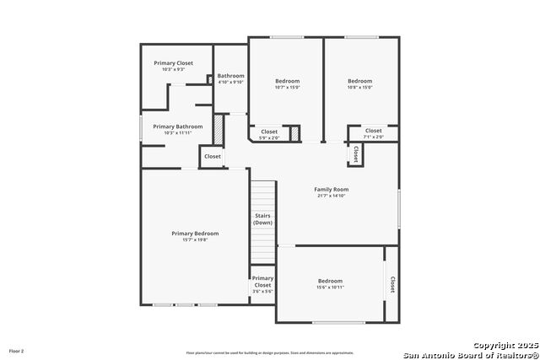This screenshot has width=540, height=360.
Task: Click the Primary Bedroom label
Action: point(195,233)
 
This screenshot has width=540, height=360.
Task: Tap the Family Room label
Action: point(332,190)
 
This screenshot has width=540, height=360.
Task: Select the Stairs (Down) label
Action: point(262,218)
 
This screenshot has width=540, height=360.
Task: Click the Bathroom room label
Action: point(230,76)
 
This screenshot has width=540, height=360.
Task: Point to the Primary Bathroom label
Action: point(177,126)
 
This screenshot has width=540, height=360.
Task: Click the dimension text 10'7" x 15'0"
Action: point(287,88)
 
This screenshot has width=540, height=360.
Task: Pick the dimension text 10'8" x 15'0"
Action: point(360,88)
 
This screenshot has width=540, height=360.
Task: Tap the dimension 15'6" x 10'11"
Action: point(330,287)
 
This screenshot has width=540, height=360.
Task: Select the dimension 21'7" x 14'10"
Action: point(332,196)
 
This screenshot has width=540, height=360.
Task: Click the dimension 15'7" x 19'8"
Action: point(195,239)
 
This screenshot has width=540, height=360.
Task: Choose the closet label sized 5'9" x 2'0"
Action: point(269,137)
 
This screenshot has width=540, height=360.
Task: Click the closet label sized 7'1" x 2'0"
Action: point(373,137)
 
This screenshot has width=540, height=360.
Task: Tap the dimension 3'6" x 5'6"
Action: point(262,292)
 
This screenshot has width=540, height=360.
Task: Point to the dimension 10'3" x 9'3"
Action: point(173,69)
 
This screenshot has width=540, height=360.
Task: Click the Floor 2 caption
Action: point(17,350)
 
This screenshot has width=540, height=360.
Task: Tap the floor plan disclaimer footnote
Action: point(270,352)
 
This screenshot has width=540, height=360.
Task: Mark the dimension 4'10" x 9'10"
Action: point(230,82)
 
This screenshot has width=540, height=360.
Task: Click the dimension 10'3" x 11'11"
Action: point(177,133)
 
